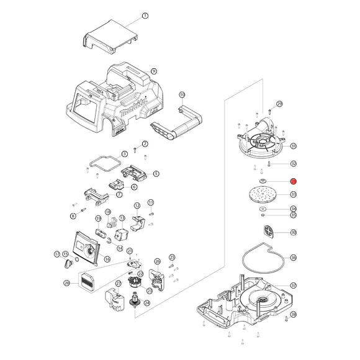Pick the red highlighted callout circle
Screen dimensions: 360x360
294,181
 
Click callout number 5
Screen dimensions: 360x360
156,174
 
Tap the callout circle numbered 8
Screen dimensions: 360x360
73,216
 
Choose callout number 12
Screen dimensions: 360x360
137,205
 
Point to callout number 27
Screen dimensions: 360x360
117,284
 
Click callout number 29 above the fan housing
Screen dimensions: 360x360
279,104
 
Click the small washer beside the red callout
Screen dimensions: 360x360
263,181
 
